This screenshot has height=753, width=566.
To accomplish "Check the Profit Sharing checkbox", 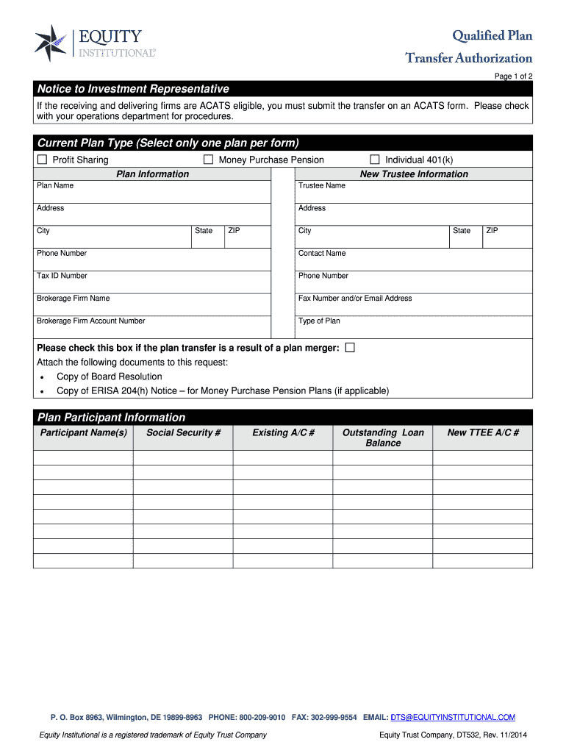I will pyautogui.click(x=42, y=160).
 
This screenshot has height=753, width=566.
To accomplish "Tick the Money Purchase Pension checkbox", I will pyautogui.click(x=208, y=160).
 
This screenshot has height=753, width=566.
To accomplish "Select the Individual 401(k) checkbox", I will pyautogui.click(x=374, y=160).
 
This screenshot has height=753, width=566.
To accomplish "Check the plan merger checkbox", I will pyautogui.click(x=350, y=348).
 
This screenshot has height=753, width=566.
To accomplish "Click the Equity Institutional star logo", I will pyautogui.click(x=50, y=43).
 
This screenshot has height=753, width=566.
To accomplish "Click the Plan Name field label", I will pyautogui.click(x=55, y=186).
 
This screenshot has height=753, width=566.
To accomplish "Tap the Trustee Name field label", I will pyautogui.click(x=321, y=186).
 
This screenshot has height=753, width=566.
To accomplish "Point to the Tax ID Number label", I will pyautogui.click(x=62, y=276).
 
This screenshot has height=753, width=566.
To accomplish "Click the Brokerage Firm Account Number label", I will pyautogui.click(x=90, y=321).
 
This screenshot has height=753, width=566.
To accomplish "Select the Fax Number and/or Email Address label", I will pyautogui.click(x=355, y=299).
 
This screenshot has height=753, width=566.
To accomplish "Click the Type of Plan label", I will pyautogui.click(x=319, y=321).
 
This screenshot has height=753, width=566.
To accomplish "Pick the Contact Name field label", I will pyautogui.click(x=321, y=254).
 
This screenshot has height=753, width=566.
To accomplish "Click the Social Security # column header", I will pyautogui.click(x=183, y=433).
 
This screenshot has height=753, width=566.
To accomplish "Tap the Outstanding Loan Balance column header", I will pyautogui.click(x=383, y=438).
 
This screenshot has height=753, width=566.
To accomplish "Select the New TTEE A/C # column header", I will pyautogui.click(x=483, y=433).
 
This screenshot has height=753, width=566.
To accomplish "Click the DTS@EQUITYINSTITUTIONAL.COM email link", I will pyautogui.click(x=452, y=717).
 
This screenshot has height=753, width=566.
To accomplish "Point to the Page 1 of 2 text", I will pyautogui.click(x=513, y=76).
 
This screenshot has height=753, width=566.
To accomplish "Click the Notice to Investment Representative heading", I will pyautogui.click(x=133, y=89).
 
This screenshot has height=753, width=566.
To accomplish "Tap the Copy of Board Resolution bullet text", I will pyautogui.click(x=110, y=376).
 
